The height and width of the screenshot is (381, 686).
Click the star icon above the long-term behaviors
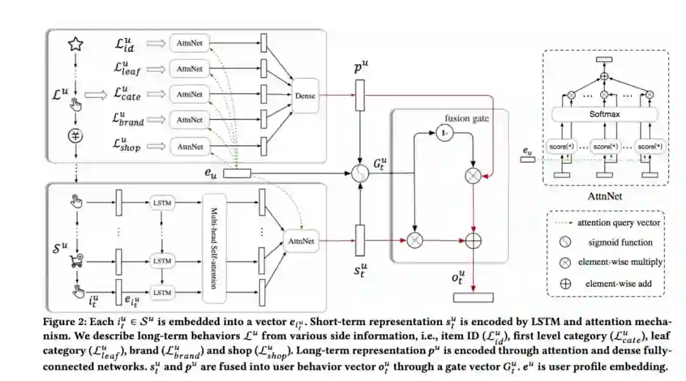(x=76, y=44)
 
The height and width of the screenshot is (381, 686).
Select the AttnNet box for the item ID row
(x=189, y=43)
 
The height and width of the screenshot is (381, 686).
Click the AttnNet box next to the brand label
(x=189, y=120)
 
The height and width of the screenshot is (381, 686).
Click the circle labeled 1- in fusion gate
(x=444, y=134)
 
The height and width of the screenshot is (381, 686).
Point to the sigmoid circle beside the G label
(x=361, y=173)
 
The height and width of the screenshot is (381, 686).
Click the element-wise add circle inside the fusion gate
(x=473, y=241)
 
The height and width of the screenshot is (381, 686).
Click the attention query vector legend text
(x=619, y=223)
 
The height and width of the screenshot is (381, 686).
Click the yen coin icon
(x=76, y=135)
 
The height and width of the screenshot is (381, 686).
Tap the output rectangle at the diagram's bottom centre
(x=473, y=297)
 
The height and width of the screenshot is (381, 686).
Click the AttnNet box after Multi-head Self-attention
(x=300, y=241)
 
